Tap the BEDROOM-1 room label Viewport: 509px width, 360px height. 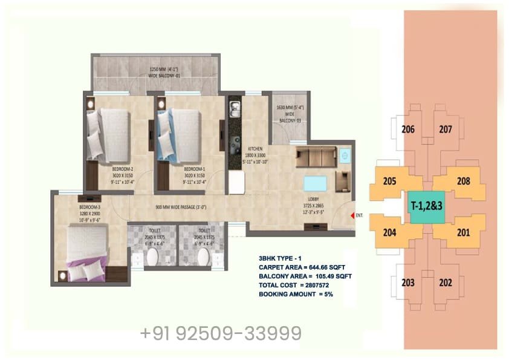195,169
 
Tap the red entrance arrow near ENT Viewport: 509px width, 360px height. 351,214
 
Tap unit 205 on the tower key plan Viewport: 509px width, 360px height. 389,181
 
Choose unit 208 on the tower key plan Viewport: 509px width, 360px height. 463,181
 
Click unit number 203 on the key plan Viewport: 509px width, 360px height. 407,283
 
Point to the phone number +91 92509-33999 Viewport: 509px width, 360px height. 221,333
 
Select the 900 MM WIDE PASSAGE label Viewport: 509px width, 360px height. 181,208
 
